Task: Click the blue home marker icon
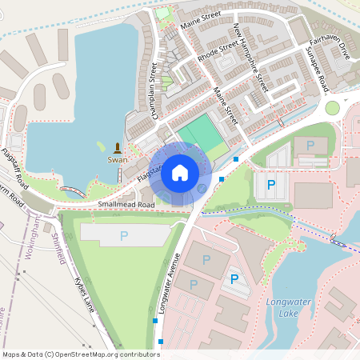[x=180, y=172]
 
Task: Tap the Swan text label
[x=118, y=160]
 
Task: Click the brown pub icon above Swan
[x=118, y=148]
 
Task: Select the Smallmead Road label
[x=126, y=205]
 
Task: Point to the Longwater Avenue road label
[x=169, y=284]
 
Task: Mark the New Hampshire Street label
[x=251, y=58]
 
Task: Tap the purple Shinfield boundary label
[x=58, y=245]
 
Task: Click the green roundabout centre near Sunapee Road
[x=332, y=108]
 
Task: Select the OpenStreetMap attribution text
[x=81, y=354]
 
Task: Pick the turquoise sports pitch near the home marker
[x=200, y=133]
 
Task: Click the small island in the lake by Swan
[x=101, y=146]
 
